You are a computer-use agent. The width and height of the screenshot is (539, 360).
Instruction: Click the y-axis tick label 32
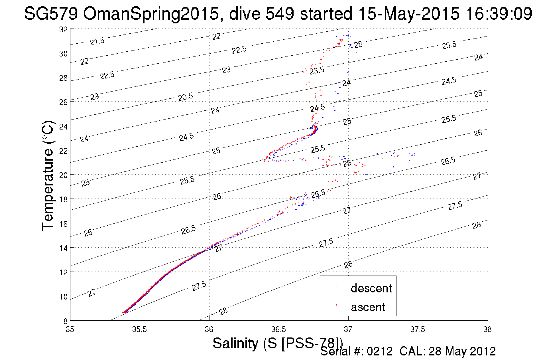(x=63, y=29)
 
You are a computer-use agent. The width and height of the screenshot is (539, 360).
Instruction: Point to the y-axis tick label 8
(x=65, y=321)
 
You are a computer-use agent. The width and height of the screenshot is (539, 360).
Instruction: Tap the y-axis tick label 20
(x=63, y=175)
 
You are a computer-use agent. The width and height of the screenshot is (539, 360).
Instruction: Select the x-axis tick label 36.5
(x=278, y=330)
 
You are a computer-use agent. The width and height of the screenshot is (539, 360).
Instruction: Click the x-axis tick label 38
(x=487, y=330)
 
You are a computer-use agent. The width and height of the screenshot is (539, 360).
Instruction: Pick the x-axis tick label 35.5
(x=139, y=330)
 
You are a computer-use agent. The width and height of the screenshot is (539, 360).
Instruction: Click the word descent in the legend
(x=371, y=288)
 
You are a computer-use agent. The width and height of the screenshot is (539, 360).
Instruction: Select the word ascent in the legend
(x=368, y=307)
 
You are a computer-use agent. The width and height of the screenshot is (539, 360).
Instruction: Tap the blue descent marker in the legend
(x=336, y=286)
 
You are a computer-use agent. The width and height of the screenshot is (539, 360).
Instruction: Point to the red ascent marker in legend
(x=336, y=305)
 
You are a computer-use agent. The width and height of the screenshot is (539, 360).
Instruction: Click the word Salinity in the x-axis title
(x=235, y=343)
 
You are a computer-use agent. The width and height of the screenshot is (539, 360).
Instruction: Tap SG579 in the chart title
(x=51, y=13)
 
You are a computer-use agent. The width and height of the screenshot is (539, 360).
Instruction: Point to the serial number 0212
(x=380, y=351)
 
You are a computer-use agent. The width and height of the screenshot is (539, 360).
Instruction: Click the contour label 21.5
(x=97, y=42)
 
